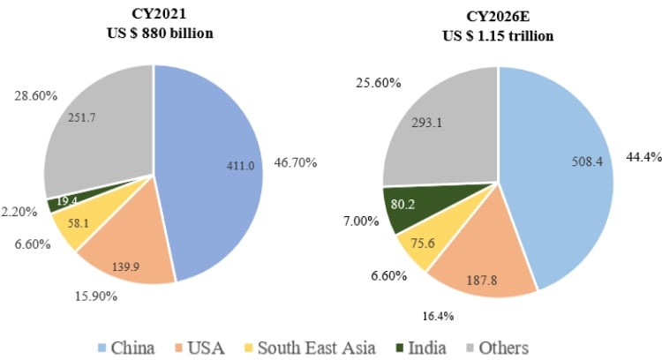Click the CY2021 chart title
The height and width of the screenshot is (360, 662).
(x=154, y=14)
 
